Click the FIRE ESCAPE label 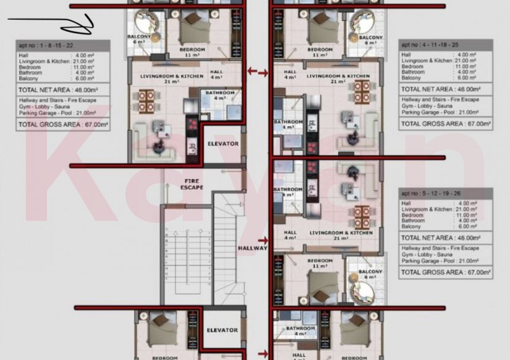[x=191, y=183]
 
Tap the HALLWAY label [x=253, y=248]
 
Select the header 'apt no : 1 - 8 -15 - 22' [x=63, y=45]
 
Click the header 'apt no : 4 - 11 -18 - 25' [x=446, y=45]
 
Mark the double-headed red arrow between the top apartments [x=257, y=73]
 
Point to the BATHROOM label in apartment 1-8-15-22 [x=220, y=92]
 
